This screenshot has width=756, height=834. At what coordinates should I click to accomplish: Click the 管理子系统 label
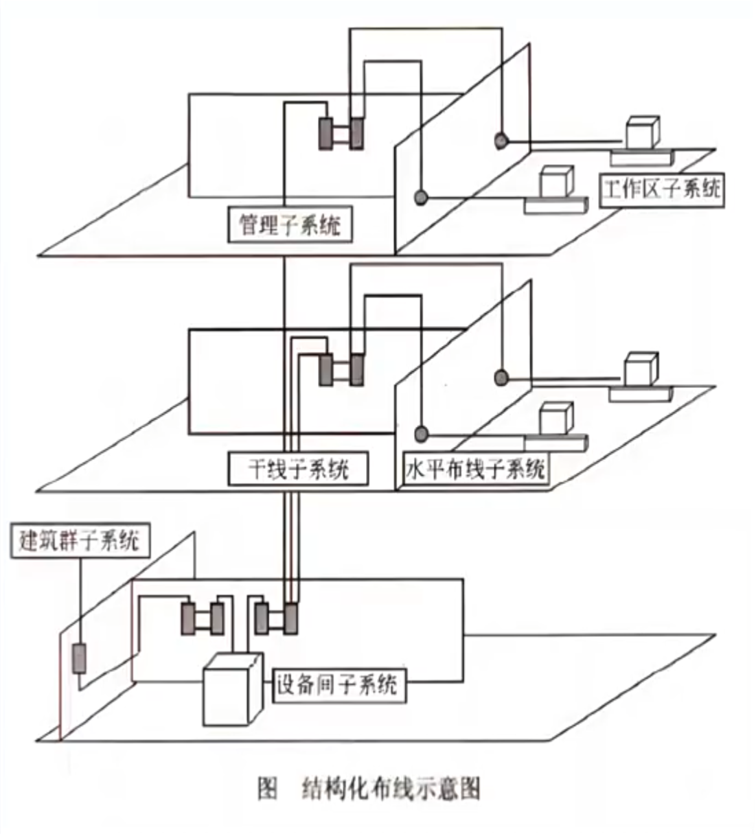tap(289, 224)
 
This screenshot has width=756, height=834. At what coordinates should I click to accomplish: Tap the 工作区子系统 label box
tap(662, 187)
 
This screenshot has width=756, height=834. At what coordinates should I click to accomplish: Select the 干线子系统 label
tap(298, 470)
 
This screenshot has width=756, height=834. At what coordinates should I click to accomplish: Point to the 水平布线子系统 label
tap(475, 470)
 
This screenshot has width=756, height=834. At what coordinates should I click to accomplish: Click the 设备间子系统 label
tap(336, 684)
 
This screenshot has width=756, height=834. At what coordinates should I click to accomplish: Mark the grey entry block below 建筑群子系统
tap(80, 658)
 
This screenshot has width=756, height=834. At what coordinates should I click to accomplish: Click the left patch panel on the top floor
tap(325, 132)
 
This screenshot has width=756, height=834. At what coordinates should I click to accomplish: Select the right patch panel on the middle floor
tap(356, 369)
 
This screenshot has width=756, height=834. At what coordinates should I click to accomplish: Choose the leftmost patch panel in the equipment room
tap(188, 618)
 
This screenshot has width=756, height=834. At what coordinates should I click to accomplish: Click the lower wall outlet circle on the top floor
tap(421, 198)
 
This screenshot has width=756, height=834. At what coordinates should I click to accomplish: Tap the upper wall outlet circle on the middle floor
tap(501, 377)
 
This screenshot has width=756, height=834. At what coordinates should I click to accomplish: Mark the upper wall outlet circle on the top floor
tap(501, 141)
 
